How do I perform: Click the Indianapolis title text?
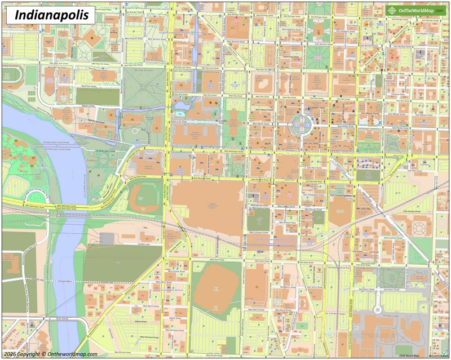click(51, 15)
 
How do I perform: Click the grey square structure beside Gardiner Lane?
click(107, 238)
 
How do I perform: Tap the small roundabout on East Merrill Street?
click(377, 309)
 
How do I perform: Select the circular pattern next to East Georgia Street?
click(419, 228)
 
